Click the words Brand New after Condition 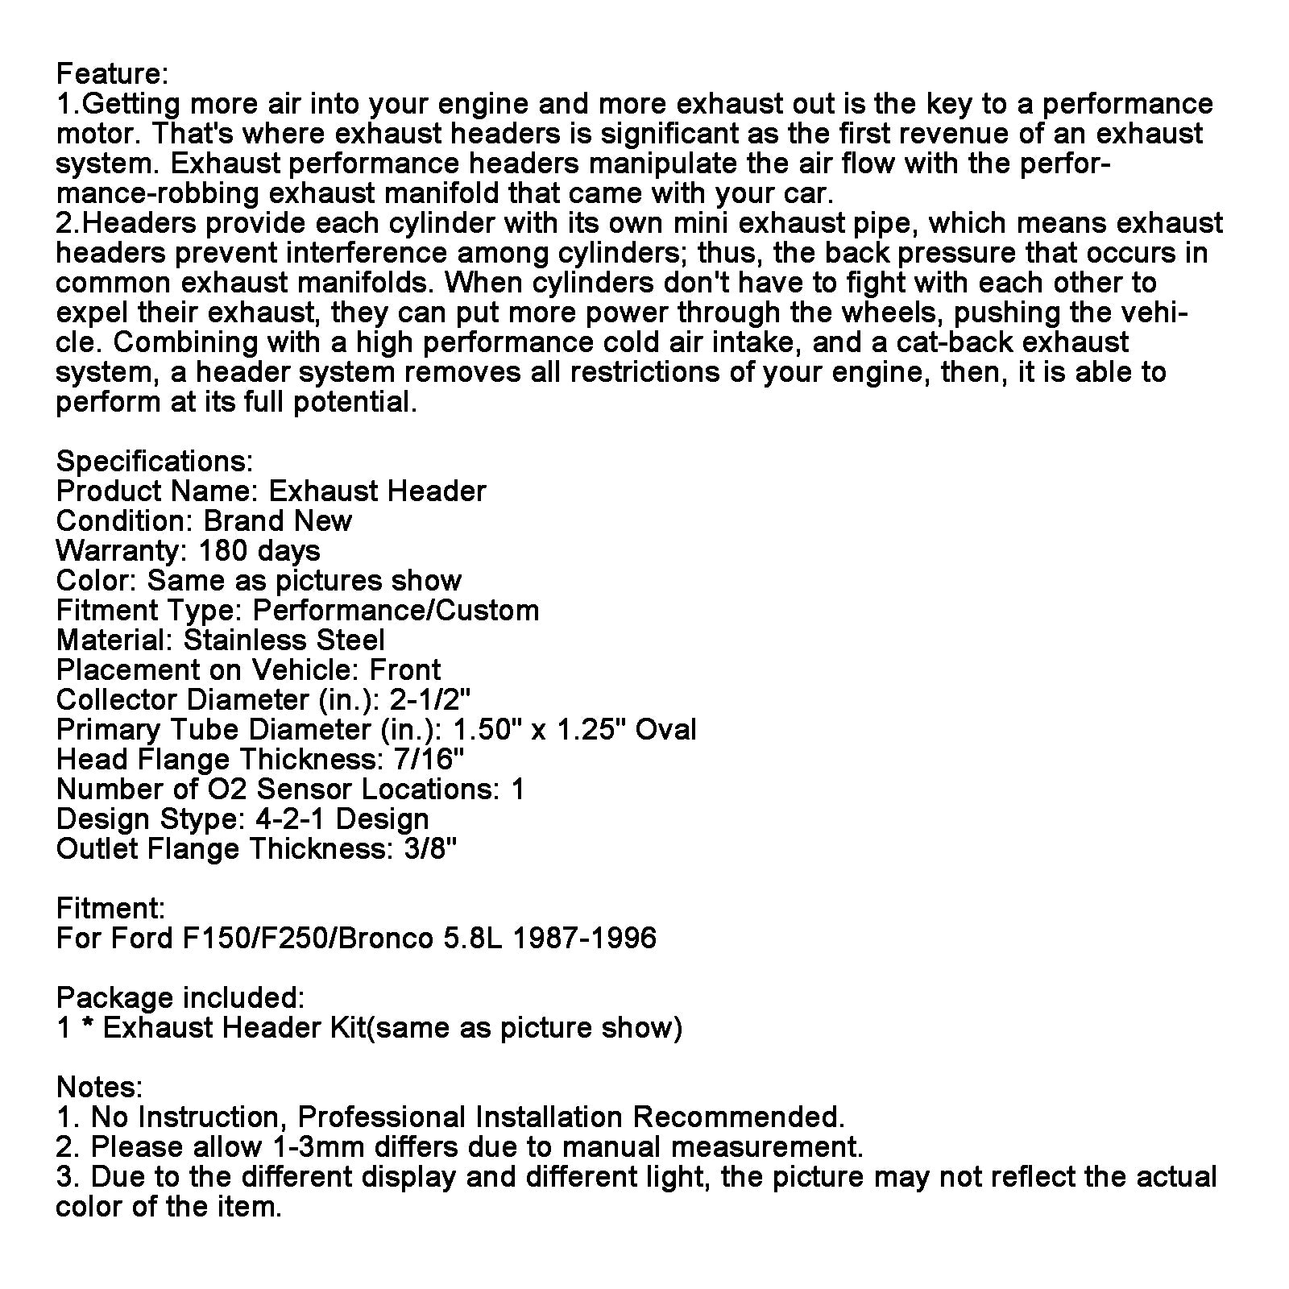(x=277, y=521)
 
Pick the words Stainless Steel (x=284, y=640)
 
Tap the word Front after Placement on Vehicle (x=404, y=670)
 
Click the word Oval (x=665, y=730)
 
